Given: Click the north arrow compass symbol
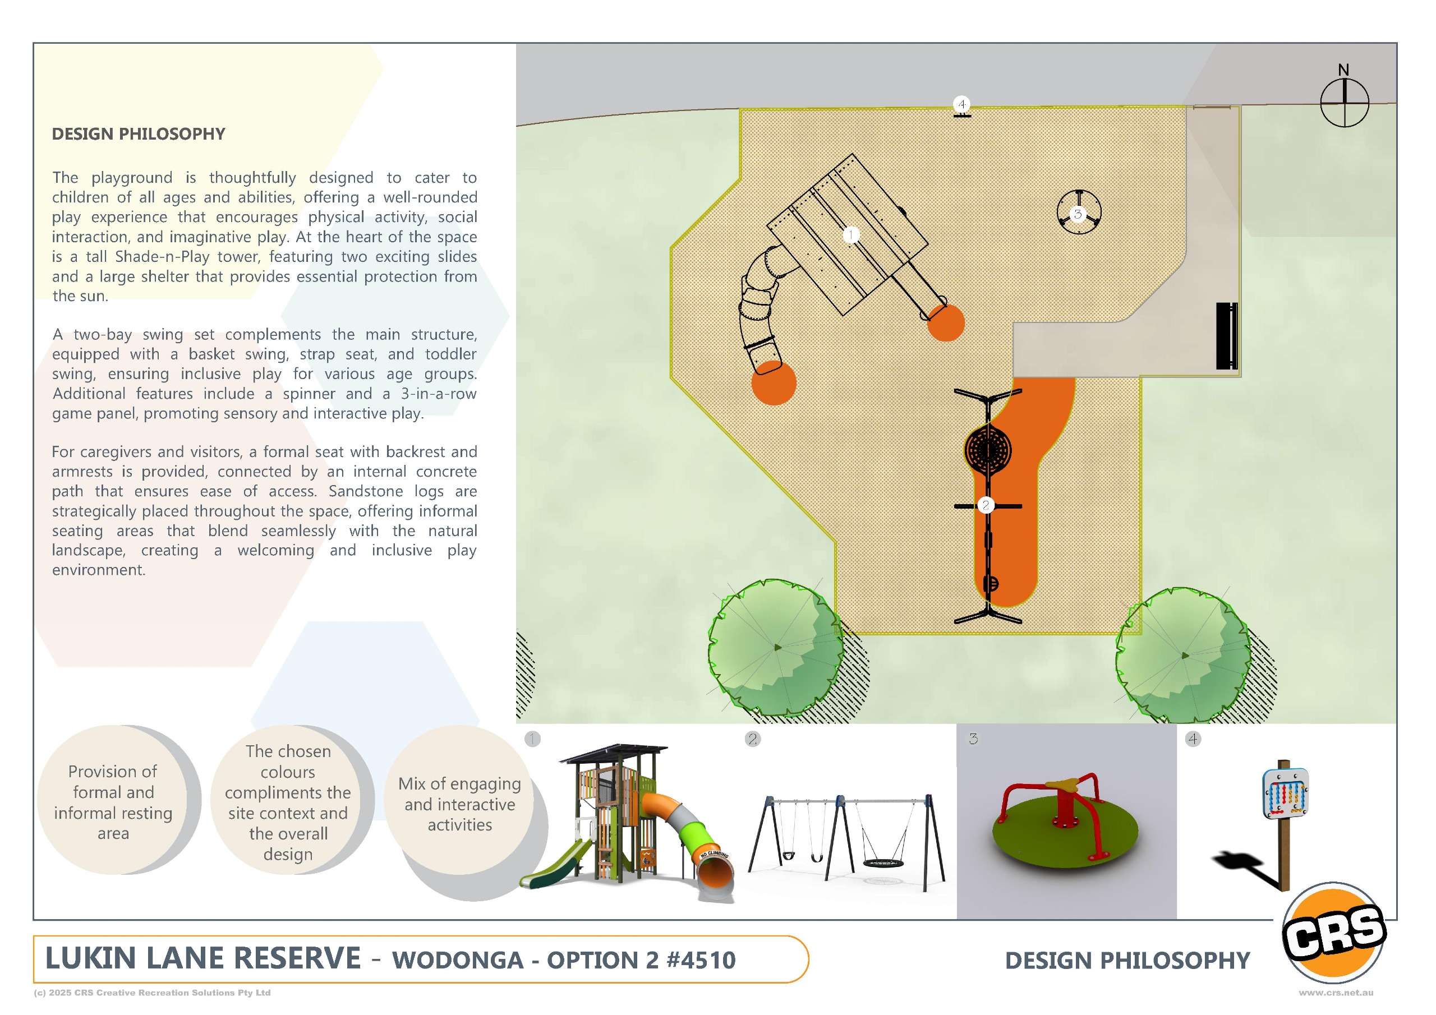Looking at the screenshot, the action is click(x=1344, y=102).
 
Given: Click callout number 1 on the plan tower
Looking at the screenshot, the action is click(x=850, y=234).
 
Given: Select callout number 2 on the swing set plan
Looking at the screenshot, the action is click(x=986, y=505).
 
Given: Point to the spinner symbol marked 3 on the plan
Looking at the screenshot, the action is click(x=1078, y=212).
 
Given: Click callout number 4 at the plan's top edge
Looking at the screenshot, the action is click(x=962, y=104).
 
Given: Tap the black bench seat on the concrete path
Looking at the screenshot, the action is click(x=1226, y=336).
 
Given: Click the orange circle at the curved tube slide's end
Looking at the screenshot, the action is click(x=774, y=383).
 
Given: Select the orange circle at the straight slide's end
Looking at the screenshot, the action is click(x=946, y=322).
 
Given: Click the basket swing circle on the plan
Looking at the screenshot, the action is click(x=988, y=450).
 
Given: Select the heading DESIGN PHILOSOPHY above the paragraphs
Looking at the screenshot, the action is click(x=138, y=134).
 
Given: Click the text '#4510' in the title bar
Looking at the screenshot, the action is click(x=702, y=960).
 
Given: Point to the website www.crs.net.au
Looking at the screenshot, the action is click(x=1336, y=993).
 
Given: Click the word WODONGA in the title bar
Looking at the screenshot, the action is click(x=458, y=960).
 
